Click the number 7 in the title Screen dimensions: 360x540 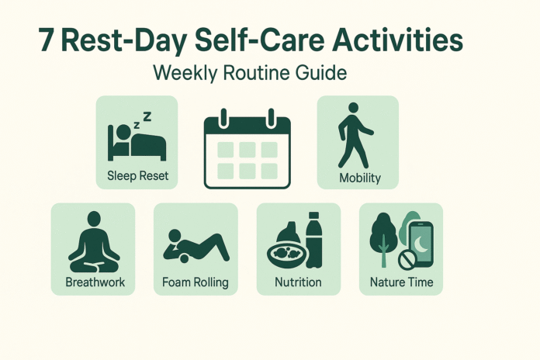[x=47, y=40]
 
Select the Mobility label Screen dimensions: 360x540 [x=360, y=178]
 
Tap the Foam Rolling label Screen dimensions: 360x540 [x=196, y=282]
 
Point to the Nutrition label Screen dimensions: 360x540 [x=299, y=282]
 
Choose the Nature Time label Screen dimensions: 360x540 [x=401, y=282]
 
